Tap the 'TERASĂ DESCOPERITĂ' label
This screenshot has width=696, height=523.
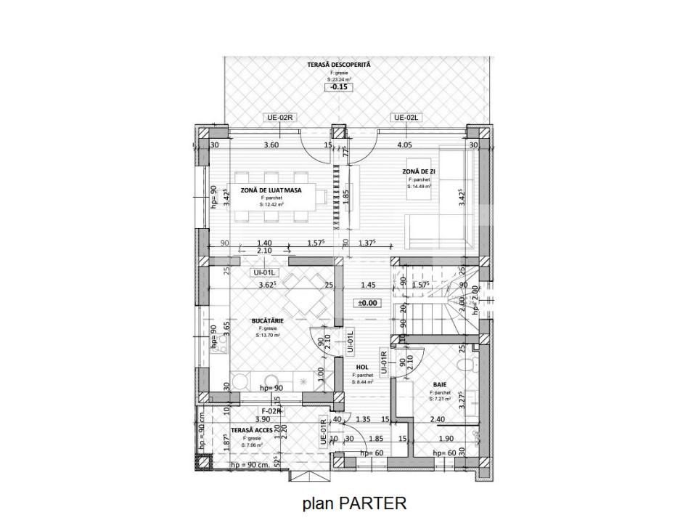(338, 65)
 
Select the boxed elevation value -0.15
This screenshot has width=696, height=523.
(339, 87)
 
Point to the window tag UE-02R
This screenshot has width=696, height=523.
(279, 118)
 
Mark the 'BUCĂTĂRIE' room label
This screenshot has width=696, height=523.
(267, 320)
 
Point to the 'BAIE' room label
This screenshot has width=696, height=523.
(440, 385)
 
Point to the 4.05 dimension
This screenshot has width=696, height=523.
(405, 145)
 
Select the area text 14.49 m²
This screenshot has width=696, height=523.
(419, 186)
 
